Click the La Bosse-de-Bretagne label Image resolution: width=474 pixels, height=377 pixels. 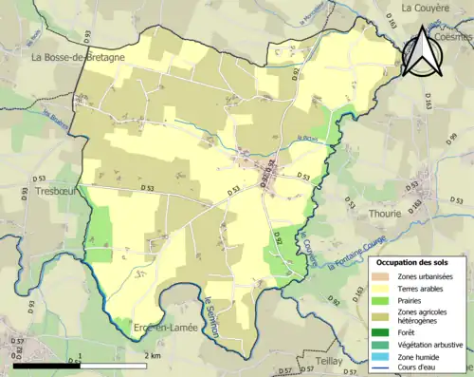78,57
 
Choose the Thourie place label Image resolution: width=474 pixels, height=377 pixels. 385,214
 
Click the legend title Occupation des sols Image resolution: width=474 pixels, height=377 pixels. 418,261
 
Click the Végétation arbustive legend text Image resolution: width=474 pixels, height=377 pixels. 432,344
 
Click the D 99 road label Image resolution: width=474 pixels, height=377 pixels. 452,140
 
